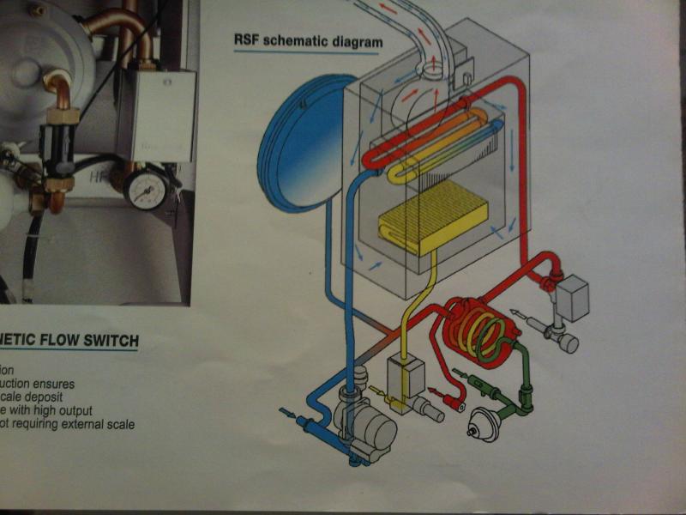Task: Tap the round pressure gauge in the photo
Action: [x=146, y=189]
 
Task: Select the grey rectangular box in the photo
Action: [x=162, y=115]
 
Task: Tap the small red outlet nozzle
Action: [x=458, y=403]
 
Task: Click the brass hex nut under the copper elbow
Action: [x=63, y=115]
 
